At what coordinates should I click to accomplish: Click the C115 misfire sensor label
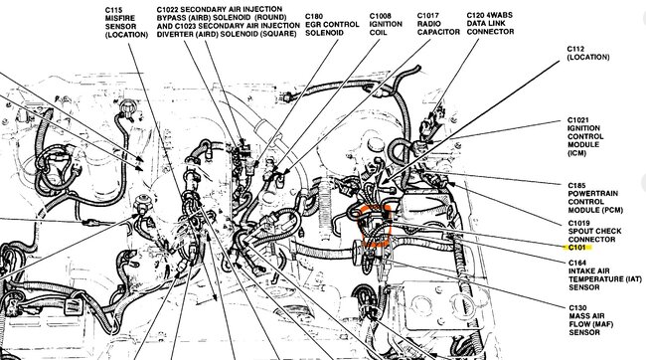pyautogui.click(x=126, y=22)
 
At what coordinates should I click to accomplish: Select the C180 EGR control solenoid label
pyautogui.click(x=332, y=25)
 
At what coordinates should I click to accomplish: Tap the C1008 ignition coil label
pyautogui.click(x=386, y=24)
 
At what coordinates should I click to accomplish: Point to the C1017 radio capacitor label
pyautogui.click(x=438, y=24)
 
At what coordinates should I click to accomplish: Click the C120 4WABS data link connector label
pyautogui.click(x=490, y=24)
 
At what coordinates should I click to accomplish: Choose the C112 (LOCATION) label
pyautogui.click(x=588, y=53)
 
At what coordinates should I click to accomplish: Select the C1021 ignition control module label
pyautogui.click(x=585, y=137)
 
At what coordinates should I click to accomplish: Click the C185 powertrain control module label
pyautogui.click(x=595, y=198)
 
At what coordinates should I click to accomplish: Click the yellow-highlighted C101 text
pyautogui.click(x=576, y=248)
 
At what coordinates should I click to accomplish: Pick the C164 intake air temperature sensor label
pyautogui.click(x=605, y=275)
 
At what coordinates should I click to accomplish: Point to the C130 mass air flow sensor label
pyautogui.click(x=590, y=320)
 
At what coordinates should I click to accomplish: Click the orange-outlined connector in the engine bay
pyautogui.click(x=376, y=225)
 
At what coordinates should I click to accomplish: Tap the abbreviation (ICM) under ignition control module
pyautogui.click(x=576, y=153)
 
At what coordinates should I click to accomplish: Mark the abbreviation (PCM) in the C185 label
pyautogui.click(x=614, y=210)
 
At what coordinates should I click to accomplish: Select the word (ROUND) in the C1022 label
pyautogui.click(x=271, y=17)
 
